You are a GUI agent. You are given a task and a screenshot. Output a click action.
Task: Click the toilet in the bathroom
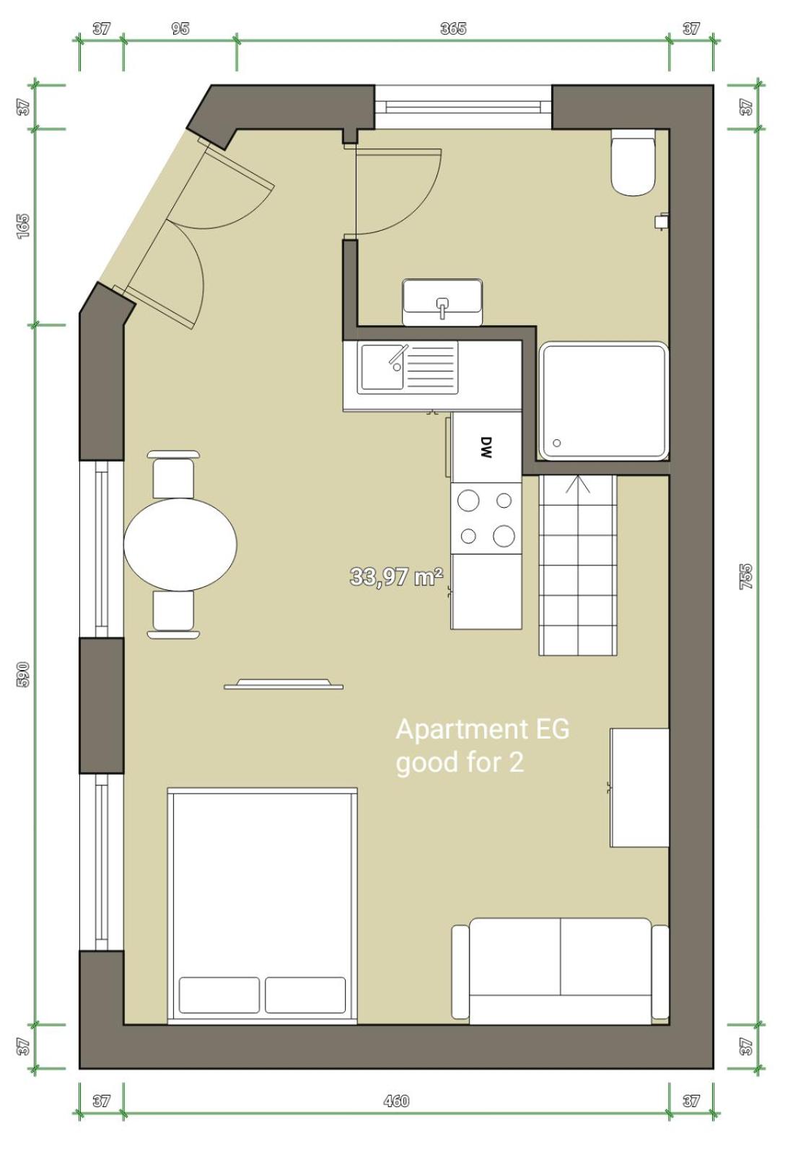click(x=634, y=162)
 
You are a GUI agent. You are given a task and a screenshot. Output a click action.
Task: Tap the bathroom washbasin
click(x=442, y=302)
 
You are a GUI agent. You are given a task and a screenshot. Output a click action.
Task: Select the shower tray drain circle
click(x=557, y=443)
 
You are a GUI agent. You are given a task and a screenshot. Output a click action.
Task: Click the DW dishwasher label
click(x=486, y=447)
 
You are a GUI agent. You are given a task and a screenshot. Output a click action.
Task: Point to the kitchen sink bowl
click(x=382, y=367)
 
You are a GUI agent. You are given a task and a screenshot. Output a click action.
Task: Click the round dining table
click(x=180, y=544)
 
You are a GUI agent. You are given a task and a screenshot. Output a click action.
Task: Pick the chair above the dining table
click(x=174, y=475)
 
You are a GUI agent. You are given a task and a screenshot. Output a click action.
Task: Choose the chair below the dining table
click(x=174, y=615)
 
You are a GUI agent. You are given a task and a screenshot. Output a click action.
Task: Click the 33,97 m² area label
click(x=396, y=576)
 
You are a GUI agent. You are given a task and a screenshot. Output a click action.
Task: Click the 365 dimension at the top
click(x=453, y=28)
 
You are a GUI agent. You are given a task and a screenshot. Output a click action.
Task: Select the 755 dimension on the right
click(x=746, y=577)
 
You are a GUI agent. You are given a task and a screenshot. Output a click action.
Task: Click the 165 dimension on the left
click(x=24, y=226)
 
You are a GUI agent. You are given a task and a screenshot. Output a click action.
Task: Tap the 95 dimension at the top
click(x=180, y=28)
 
